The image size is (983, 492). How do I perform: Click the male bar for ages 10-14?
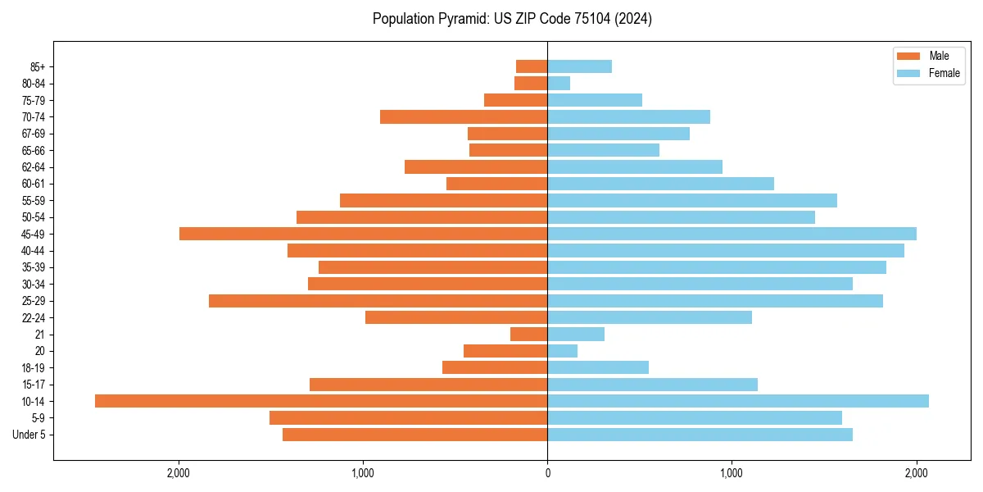[321, 401]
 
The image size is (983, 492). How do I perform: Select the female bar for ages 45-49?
[732, 234]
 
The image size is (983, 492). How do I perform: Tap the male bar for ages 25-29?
[378, 301]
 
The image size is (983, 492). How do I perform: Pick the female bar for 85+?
[579, 66]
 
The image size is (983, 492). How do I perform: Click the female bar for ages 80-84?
[559, 83]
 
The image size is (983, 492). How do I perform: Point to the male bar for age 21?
[528, 334]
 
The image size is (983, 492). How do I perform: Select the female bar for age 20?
[562, 351]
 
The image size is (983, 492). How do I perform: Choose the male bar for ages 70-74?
[464, 116]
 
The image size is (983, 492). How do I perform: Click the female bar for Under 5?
[700, 435]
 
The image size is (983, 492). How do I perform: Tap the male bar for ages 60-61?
[496, 184]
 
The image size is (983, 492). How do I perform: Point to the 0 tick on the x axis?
[547, 472]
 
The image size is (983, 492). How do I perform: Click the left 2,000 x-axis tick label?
[179, 472]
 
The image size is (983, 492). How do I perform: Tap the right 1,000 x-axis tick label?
[732, 472]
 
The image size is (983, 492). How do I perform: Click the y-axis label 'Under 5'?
[29, 435]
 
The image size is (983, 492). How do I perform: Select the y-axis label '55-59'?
[34, 201]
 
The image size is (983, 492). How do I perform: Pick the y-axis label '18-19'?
[34, 368]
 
